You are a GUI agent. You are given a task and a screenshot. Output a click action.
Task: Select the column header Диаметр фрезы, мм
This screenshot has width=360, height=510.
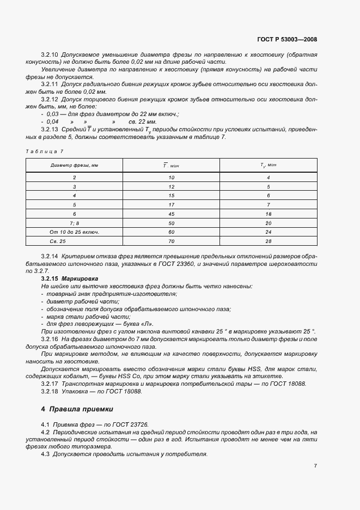pos(74,165)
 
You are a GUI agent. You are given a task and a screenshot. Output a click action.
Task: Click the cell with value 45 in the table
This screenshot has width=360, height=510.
pos(171,215)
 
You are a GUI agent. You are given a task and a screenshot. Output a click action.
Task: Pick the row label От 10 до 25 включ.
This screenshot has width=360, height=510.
pos(74,232)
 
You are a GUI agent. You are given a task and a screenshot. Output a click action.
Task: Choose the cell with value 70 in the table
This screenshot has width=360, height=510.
pos(171,240)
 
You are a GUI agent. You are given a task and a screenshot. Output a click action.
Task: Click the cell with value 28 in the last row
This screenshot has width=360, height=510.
pos(268,240)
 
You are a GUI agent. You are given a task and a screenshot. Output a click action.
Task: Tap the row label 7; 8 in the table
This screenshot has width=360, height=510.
pos(74,223)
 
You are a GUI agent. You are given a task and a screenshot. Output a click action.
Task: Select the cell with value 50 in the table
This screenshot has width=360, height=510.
pos(171,223)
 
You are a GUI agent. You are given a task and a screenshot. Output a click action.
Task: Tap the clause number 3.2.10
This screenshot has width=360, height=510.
pos(50,56)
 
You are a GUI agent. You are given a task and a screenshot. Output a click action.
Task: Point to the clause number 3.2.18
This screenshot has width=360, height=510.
pos(50,391)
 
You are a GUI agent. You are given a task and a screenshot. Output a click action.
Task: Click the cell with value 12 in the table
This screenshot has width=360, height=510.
pos(171,186)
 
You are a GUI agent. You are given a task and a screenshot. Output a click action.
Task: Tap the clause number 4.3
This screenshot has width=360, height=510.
pos(45,454)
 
